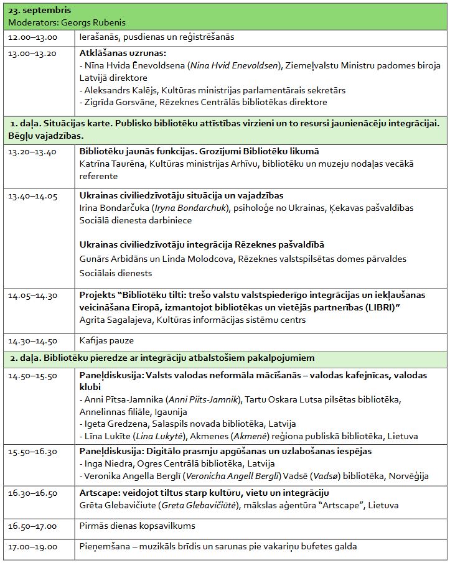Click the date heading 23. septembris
[40, 11]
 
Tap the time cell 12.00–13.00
[32, 37]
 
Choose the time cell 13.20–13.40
[32, 151]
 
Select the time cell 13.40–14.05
[32, 196]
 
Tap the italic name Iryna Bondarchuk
[189, 208]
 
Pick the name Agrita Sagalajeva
[116, 320]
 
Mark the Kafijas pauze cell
[106, 341]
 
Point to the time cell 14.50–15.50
[32, 376]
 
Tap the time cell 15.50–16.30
[32, 452]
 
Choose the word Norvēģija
[408, 476]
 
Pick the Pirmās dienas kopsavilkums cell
[137, 526]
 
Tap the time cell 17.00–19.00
[32, 547]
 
